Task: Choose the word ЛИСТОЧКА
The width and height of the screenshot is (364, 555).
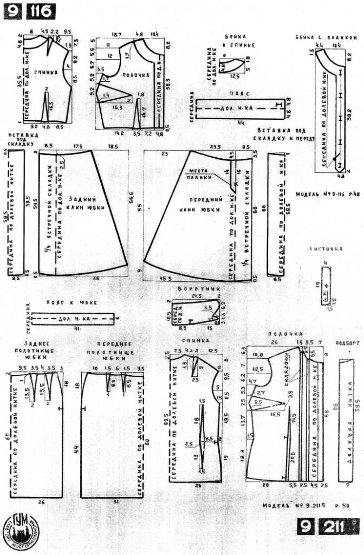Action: click(326, 249)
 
